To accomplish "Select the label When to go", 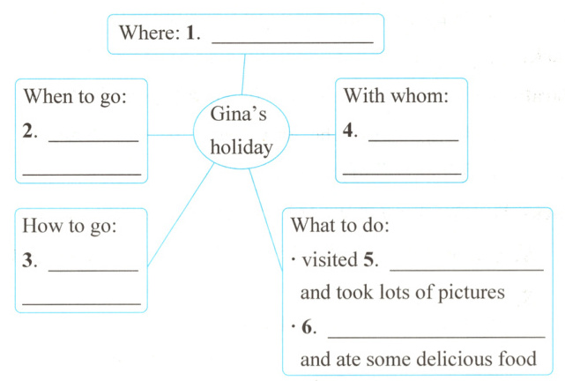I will pyautogui.click(x=75, y=95).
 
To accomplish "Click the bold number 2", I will pyautogui.click(x=29, y=133).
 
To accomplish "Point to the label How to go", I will pyautogui.click(x=70, y=226).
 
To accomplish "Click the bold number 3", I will pyautogui.click(x=29, y=263).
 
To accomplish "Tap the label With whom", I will pyautogui.click(x=396, y=95).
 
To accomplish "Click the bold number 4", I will pyautogui.click(x=349, y=133).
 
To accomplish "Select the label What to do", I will pyautogui.click(x=339, y=226).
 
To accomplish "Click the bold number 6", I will pyautogui.click(x=308, y=327).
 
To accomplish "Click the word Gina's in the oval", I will pyautogui.click(x=237, y=115).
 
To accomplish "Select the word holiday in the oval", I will pyautogui.click(x=241, y=146).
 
